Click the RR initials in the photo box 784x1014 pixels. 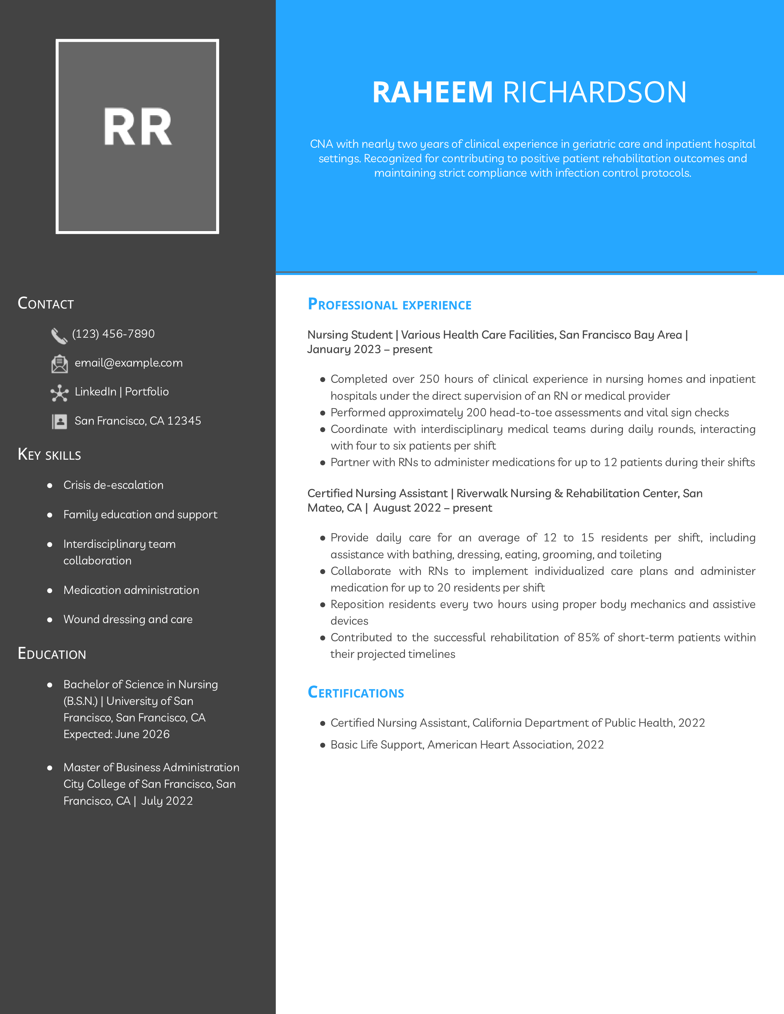click(137, 127)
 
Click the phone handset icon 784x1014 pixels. click(59, 336)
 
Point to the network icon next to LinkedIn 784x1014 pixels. click(59, 393)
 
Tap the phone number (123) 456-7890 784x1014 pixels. click(113, 334)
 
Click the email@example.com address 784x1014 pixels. click(129, 363)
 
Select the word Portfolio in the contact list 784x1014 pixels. click(147, 392)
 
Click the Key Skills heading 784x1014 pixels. click(49, 454)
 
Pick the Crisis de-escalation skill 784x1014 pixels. click(113, 485)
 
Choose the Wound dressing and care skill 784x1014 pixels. click(128, 619)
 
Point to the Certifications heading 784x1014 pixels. click(356, 693)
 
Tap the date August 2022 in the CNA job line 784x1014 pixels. click(407, 508)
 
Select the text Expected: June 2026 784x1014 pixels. click(117, 734)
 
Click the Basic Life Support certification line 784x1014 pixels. click(467, 745)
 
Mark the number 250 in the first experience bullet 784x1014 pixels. click(429, 379)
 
